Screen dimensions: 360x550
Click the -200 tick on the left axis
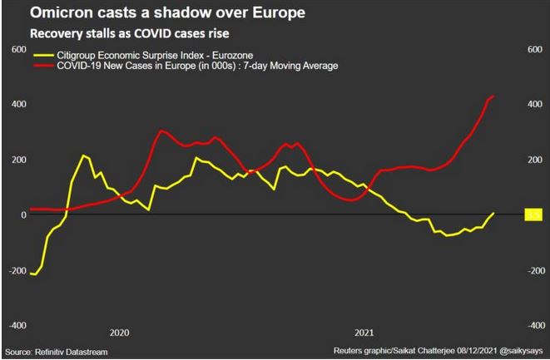[13, 271]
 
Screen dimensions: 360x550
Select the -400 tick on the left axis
[13, 325]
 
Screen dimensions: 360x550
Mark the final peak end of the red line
[493, 96]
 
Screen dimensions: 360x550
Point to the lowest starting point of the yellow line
[33, 274]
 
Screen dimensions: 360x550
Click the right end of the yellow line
[493, 213]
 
